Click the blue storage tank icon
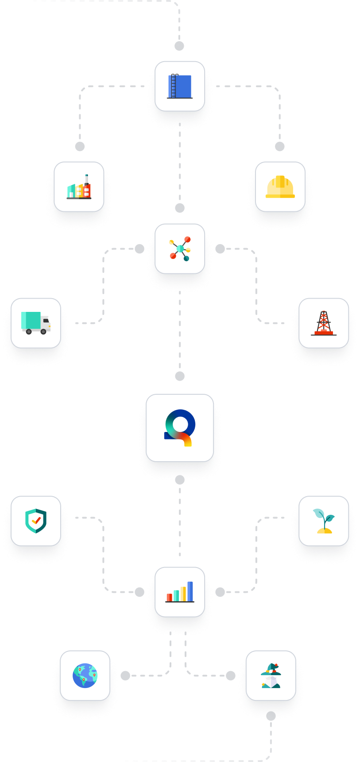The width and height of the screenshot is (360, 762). click(180, 86)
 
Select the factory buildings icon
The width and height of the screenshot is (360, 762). click(79, 187)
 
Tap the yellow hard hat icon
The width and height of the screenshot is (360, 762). click(280, 187)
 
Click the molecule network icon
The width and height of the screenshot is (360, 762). click(180, 249)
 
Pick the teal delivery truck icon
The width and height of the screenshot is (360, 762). click(36, 323)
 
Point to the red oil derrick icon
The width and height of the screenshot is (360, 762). click(324, 323)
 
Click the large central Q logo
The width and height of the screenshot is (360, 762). click(180, 428)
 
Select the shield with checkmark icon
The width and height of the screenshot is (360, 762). click(36, 521)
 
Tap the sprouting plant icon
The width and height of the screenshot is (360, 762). click(324, 521)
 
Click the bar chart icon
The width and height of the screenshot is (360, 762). click(180, 592)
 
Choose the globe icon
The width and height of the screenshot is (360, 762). click(85, 676)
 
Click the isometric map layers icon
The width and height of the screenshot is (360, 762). click(271, 676)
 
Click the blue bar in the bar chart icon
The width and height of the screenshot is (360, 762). click(190, 591)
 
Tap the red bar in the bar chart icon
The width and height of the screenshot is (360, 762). click(170, 597)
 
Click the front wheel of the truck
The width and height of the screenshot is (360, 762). click(43, 331)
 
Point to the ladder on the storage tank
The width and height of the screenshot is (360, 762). click(174, 86)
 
